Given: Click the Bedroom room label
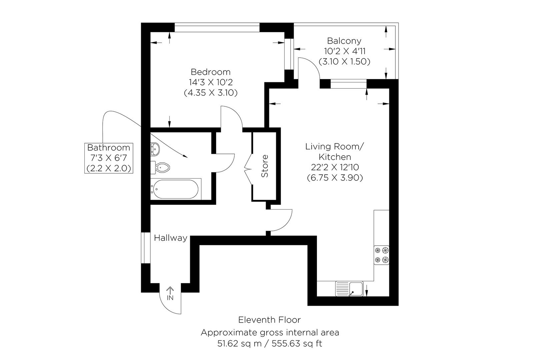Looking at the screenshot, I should pyautogui.click(x=210, y=72).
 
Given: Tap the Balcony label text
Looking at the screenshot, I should pyautogui.click(x=344, y=41).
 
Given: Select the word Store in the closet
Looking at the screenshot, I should pyautogui.click(x=265, y=166).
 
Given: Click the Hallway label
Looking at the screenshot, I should pyautogui.click(x=170, y=238).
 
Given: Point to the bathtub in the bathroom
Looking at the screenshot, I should pyautogui.click(x=175, y=189).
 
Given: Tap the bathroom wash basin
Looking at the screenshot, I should pyautogui.click(x=156, y=149).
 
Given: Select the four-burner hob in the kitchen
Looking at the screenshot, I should pyautogui.click(x=381, y=255).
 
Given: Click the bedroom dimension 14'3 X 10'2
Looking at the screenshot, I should pyautogui.click(x=210, y=82).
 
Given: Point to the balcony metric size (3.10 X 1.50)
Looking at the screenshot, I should pyautogui.click(x=344, y=62).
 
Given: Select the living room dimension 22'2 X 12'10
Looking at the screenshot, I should pyautogui.click(x=335, y=167).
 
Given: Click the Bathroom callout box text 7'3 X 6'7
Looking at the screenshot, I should pyautogui.click(x=108, y=158).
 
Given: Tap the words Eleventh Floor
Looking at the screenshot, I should pyautogui.click(x=269, y=320).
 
